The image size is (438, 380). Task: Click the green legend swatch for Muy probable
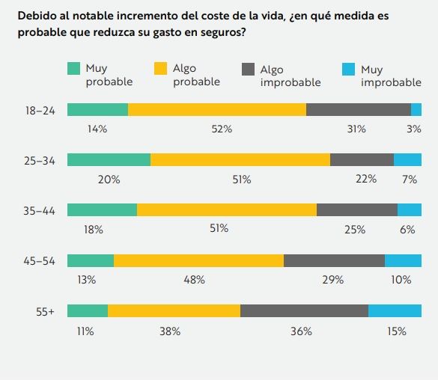coord(73,69)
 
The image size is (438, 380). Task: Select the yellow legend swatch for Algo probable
coord(160,69)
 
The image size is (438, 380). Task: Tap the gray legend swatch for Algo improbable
coord(248,69)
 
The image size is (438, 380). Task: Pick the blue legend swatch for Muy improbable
coord(348,69)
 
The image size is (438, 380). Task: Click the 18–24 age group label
coord(39,110)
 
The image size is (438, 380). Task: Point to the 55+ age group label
coord(46,311)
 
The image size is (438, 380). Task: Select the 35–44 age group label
coord(39,210)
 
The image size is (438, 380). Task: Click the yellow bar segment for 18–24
coord(217,110)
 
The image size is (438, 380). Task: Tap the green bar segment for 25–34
coord(109,160)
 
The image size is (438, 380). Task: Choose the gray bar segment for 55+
coord(304,311)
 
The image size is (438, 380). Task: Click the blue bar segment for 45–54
coord(403,260)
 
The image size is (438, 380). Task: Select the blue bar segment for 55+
coord(395,311)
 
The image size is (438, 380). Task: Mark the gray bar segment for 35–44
coord(356,210)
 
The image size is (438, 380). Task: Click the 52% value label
coord(222,129)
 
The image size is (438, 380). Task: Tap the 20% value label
coord(109,180)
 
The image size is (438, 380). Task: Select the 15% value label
coord(396,331)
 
